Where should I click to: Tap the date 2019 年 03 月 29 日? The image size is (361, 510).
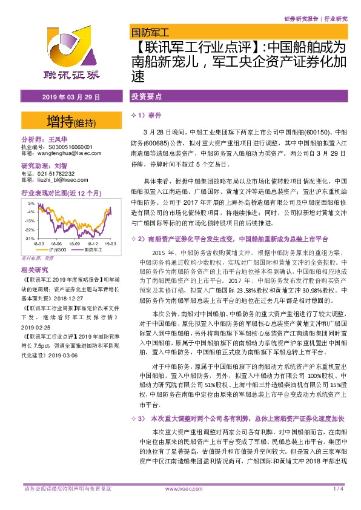[x=71, y=97]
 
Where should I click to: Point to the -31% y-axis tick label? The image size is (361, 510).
[x=29, y=238]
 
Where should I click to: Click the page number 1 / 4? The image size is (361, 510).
[x=338, y=488]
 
